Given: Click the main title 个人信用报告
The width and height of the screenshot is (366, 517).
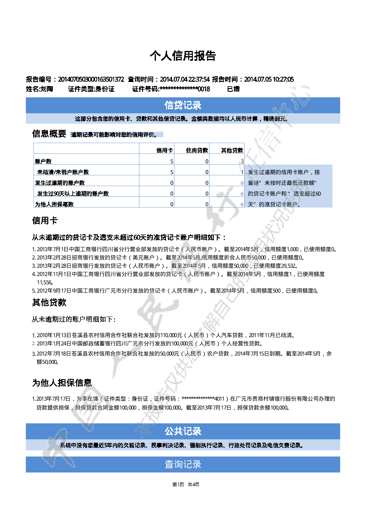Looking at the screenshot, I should pos(183,56).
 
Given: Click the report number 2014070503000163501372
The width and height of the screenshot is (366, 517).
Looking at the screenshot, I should pos(91,80).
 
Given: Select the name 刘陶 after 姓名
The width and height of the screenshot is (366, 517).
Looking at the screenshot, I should pos(46,89).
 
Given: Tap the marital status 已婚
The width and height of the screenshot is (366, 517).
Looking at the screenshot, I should pos(233,89).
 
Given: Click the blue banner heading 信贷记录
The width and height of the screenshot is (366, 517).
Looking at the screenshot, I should pos(183,105).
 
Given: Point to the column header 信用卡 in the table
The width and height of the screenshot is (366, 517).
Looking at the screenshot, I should pos(165,150).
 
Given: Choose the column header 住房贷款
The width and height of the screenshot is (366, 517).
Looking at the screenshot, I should pos(197,150).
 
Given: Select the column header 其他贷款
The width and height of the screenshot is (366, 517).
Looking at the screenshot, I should pos(232,150).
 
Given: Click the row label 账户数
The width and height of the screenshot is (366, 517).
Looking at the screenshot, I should pos(43,161).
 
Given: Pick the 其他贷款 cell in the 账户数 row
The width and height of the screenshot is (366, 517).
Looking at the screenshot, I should pos(242,161).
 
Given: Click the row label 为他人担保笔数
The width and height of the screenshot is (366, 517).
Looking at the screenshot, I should pos(54,204).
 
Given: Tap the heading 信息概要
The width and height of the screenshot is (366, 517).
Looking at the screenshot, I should pos(49,134).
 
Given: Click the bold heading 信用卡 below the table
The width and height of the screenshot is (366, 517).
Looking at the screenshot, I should pos(45,220).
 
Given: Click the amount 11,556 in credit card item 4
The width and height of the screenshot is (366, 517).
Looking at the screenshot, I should pos(44,282).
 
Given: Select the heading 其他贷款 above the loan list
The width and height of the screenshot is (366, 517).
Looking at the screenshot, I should pos(49,302).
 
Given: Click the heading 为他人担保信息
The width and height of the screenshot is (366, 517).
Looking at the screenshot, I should pos(62,383).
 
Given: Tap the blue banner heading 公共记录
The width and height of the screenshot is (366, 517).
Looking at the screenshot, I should pos(183,431).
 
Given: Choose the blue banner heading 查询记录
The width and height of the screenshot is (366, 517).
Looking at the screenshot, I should pos(183,464).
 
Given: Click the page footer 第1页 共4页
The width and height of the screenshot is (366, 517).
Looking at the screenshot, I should pos(185,484).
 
